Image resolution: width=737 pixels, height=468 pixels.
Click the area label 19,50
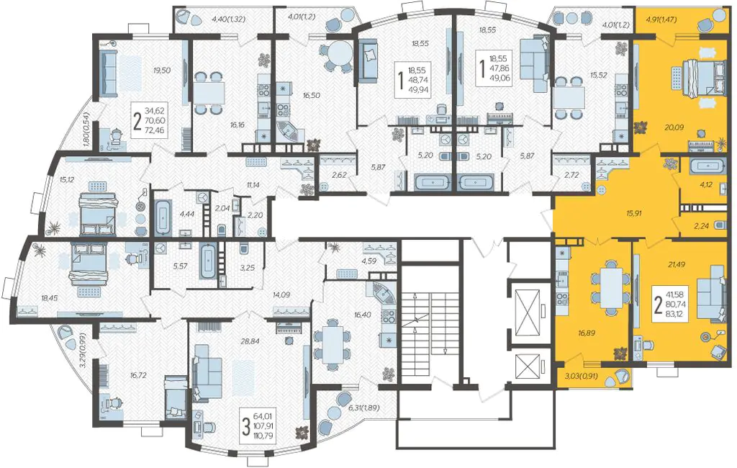(162, 71)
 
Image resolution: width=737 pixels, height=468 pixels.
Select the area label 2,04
(222, 207)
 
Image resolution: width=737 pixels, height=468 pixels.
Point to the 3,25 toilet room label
(248, 268)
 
